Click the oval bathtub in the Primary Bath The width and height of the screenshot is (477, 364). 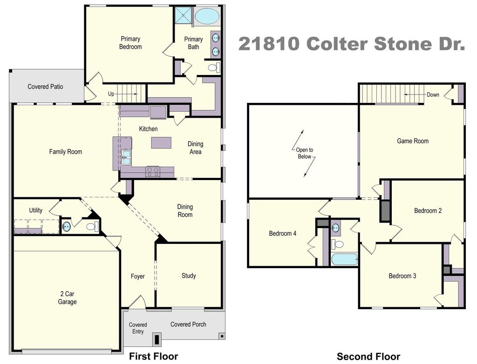(x=206, y=16)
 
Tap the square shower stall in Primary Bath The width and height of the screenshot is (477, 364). (x=184, y=15)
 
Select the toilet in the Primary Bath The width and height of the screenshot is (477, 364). (x=214, y=67)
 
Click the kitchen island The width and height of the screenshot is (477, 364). (x=161, y=142)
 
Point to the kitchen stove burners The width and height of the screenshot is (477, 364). (x=152, y=172)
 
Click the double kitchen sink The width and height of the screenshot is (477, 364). (x=126, y=157)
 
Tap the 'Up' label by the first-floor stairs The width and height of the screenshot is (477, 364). (x=111, y=94)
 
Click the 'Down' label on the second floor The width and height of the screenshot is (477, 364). (x=433, y=94)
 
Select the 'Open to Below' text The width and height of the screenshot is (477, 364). (x=305, y=153)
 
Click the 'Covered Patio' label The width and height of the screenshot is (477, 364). (x=45, y=87)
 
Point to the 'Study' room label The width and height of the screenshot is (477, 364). (x=189, y=276)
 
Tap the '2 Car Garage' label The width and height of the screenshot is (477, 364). (x=67, y=298)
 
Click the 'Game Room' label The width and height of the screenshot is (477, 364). (x=413, y=141)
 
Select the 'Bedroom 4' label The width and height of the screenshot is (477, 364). (x=283, y=234)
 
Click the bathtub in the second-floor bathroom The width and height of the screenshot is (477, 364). (x=344, y=259)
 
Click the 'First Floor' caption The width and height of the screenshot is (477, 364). (x=154, y=356)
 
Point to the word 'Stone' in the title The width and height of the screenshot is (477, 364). (x=403, y=43)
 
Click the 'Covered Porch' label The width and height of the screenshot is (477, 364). (x=188, y=324)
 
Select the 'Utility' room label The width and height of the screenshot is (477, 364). (x=35, y=210)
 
